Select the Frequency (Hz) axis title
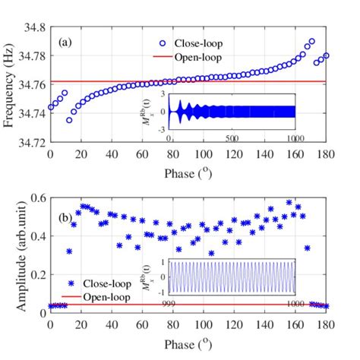(10, 84)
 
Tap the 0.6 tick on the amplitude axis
(37, 197)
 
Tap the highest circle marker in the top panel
(311, 42)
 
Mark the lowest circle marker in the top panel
(69, 120)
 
